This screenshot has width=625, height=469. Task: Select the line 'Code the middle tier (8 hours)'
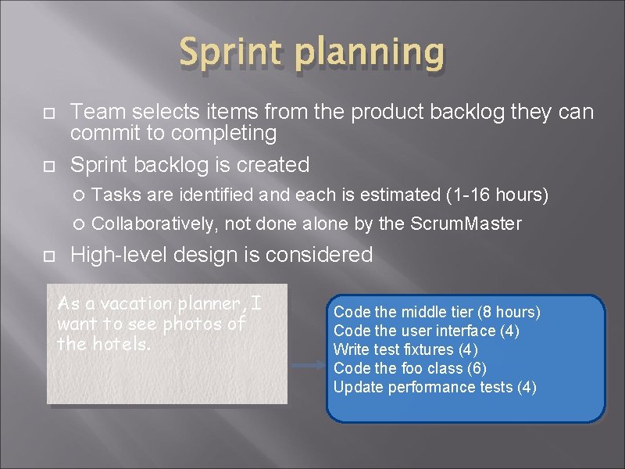click(437, 312)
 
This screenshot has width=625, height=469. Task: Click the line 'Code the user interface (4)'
click(426, 331)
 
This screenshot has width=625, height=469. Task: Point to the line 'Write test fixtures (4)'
click(405, 349)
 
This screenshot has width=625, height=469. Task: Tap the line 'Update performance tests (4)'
click(434, 387)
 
